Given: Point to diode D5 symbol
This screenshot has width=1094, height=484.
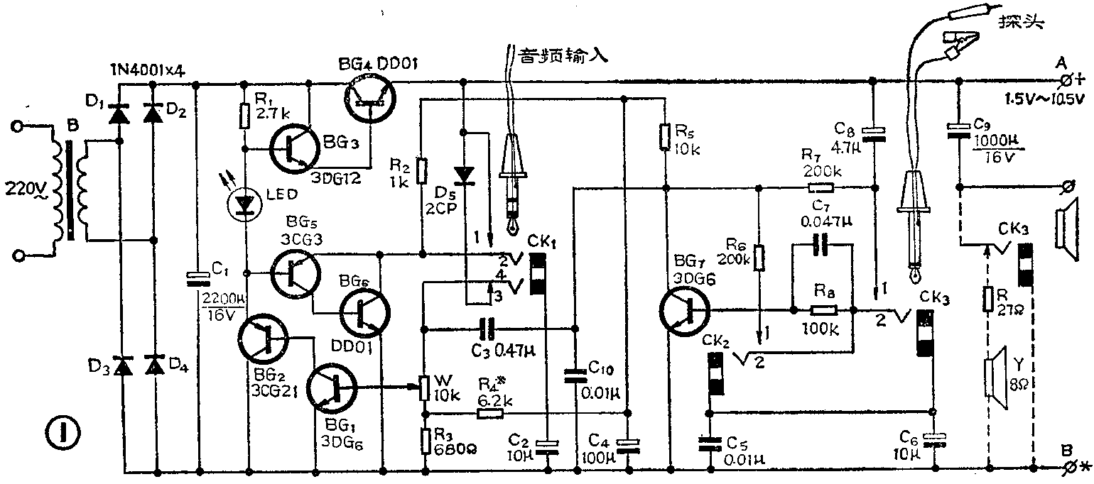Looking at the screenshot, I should coord(465,174).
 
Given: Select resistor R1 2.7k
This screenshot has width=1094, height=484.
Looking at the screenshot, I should coord(244,116).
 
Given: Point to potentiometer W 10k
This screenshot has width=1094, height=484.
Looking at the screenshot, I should coord(424,388).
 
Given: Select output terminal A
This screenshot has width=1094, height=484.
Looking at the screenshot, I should coord(1066,79).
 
